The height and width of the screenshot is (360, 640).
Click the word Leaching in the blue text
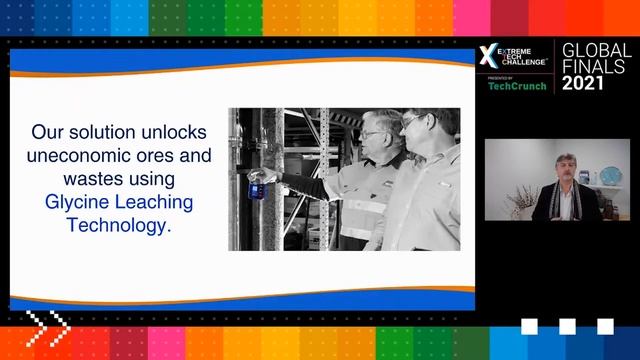tap(151, 202)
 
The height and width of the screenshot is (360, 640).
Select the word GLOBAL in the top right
tap(596, 50)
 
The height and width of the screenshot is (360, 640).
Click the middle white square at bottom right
tap(567, 326)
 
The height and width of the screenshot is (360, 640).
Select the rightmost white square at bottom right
tap(605, 326)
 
